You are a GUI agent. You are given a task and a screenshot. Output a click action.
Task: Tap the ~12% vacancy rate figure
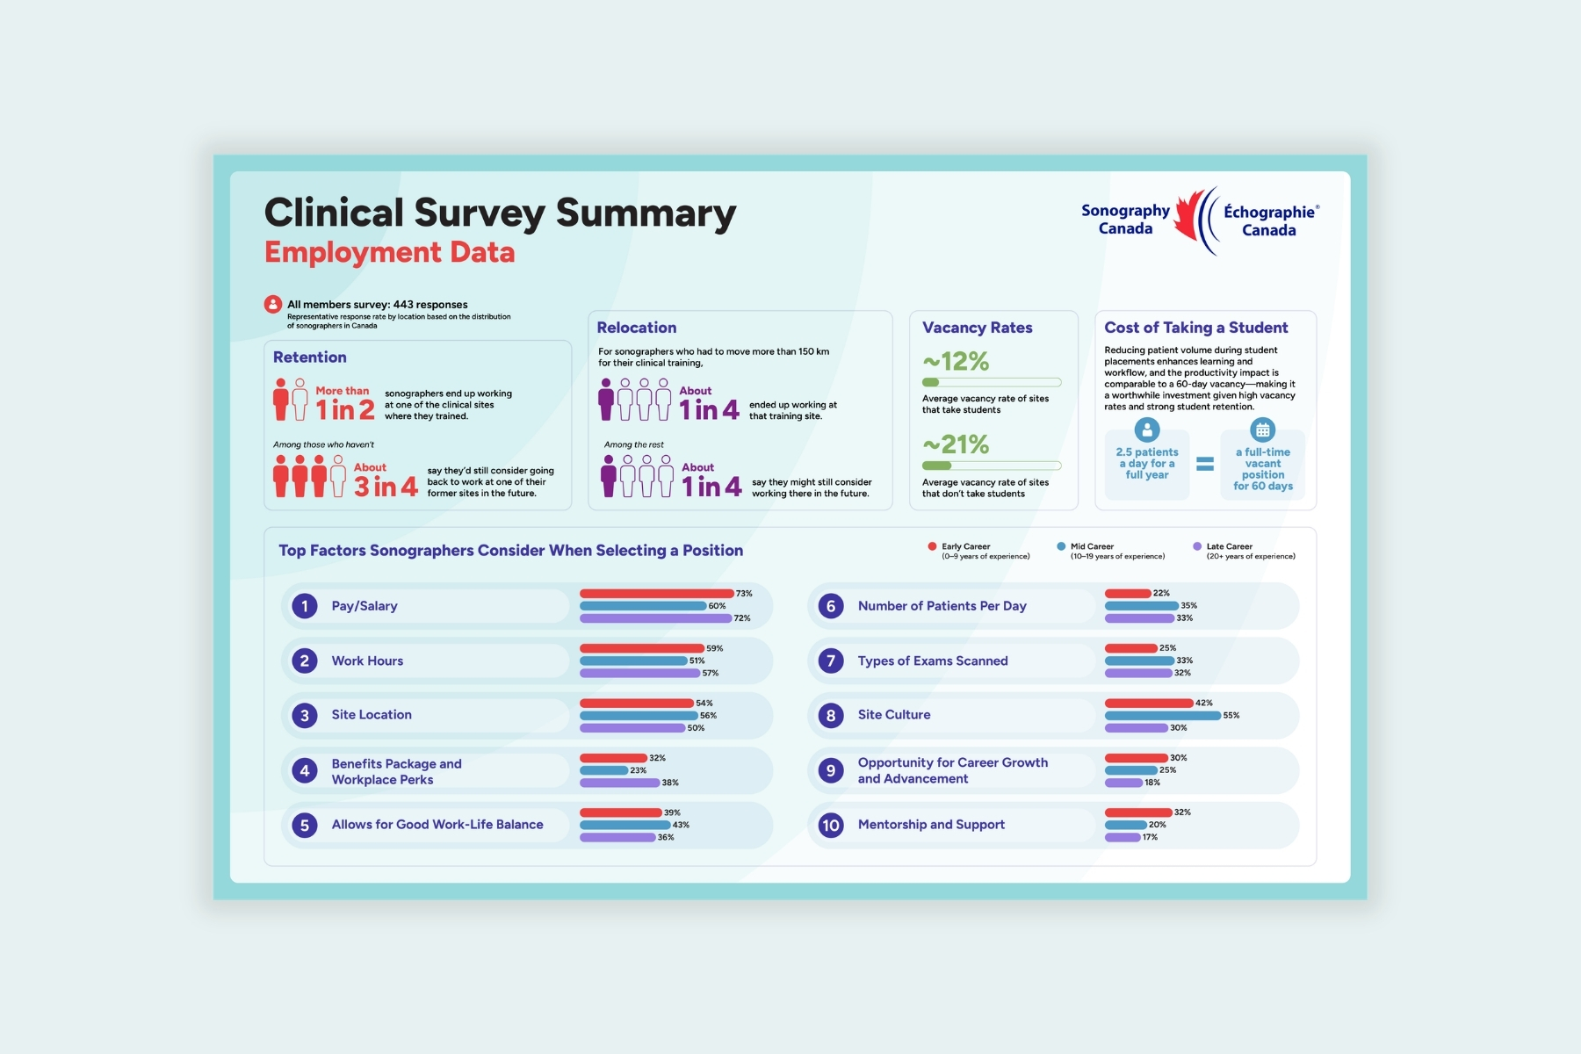[956, 361]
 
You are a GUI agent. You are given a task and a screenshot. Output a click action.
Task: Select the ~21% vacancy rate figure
[956, 444]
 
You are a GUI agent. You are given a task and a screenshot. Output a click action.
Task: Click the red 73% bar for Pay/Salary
[656, 594]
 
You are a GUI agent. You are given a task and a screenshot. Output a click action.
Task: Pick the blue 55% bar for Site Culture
[1163, 716]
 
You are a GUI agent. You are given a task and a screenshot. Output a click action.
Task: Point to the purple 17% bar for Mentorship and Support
[1123, 837]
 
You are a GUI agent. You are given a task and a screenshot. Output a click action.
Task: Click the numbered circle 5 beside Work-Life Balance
[305, 825]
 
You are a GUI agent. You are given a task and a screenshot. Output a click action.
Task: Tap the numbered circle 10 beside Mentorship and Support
[831, 825]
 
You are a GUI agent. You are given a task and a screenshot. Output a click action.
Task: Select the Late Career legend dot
[1197, 546]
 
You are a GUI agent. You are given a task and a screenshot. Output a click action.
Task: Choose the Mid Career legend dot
[1061, 546]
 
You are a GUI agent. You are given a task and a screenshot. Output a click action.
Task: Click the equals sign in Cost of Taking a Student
[1205, 464]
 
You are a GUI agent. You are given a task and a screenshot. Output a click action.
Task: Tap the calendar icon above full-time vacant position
[1262, 430]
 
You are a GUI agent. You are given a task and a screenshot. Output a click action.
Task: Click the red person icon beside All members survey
[273, 305]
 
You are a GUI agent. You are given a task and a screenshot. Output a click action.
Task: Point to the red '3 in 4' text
[386, 487]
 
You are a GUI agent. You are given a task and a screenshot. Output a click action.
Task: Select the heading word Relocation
[637, 328]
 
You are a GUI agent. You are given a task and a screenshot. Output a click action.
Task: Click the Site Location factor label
[372, 715]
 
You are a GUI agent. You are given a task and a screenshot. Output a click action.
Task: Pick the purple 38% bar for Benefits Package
[619, 783]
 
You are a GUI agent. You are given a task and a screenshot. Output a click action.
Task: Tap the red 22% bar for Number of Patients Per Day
[1128, 594]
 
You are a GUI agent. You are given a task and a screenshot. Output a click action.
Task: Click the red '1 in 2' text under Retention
[345, 410]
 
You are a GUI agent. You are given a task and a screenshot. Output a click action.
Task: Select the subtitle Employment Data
[390, 253]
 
